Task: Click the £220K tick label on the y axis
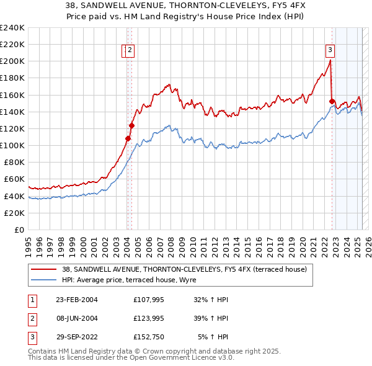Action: coord(12,45)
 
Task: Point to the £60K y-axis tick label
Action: coord(14,179)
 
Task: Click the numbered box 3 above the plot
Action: coord(330,51)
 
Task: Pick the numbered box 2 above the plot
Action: coord(131,51)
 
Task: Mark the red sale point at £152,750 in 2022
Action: coord(332,101)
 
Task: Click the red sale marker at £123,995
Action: coord(131,125)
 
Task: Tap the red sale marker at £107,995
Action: coord(128,139)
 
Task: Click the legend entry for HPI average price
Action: coord(129,280)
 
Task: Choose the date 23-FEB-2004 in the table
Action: coord(77,300)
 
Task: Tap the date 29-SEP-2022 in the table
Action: coord(77,337)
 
